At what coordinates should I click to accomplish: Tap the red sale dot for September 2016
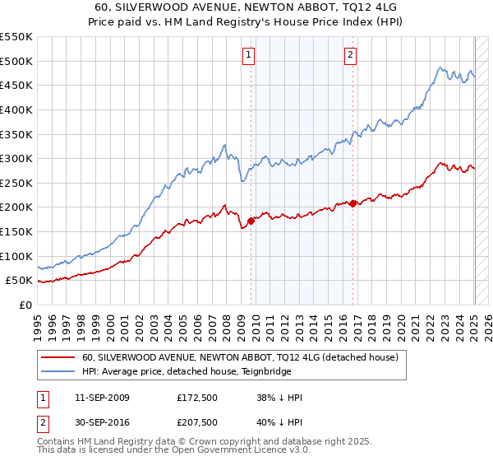click(x=353, y=203)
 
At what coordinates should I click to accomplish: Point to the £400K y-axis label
click(x=16, y=109)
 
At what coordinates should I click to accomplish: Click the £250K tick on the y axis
click(x=16, y=183)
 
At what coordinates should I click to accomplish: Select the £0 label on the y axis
click(x=25, y=305)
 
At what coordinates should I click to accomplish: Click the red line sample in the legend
click(x=58, y=357)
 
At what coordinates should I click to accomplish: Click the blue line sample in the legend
click(x=58, y=371)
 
